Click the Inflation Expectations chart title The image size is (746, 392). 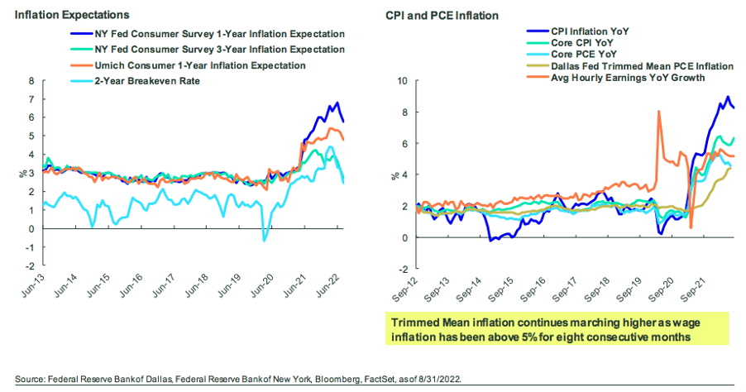pos(72,15)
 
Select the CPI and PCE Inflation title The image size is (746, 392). pos(442,16)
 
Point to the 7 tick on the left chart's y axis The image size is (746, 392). pos(31,99)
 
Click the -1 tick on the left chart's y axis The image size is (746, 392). pos(30,247)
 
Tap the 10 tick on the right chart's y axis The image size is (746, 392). pos(403,81)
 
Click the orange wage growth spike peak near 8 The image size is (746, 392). pos(659,112)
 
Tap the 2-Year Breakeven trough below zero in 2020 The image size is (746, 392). pos(264,240)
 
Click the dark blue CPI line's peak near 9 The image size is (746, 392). pos(728,97)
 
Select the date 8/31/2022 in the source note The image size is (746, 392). pos(439,379)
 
